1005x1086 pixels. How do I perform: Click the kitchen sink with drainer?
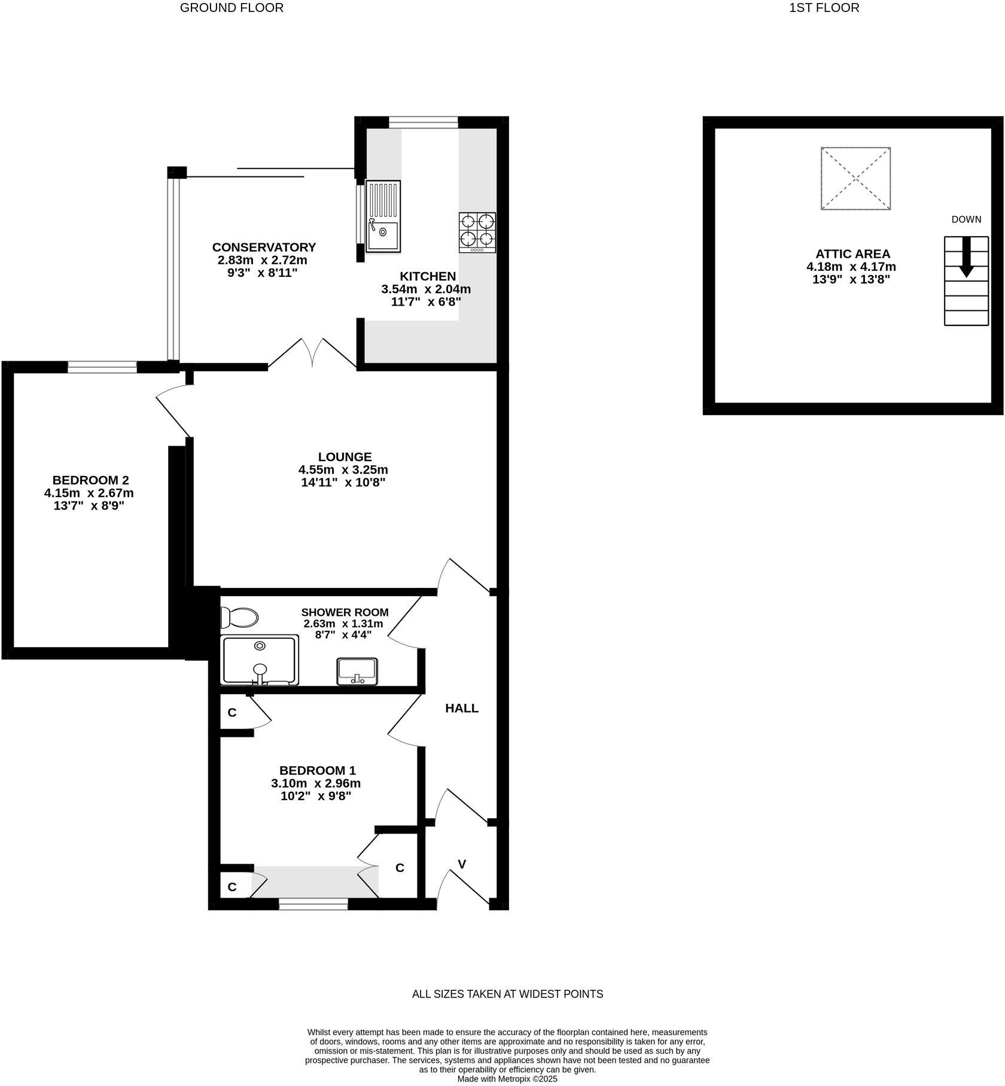pyautogui.click(x=383, y=216)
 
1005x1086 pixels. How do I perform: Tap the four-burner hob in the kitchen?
pyautogui.click(x=477, y=232)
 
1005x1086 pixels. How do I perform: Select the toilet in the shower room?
pyautogui.click(x=239, y=617)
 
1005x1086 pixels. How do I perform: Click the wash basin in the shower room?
pyautogui.click(x=357, y=671)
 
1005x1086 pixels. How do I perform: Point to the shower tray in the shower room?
pyautogui.click(x=260, y=660)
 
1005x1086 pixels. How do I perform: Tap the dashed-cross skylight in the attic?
pyautogui.click(x=855, y=178)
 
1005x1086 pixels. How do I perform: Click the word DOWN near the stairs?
pyautogui.click(x=966, y=219)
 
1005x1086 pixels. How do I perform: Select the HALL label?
pyautogui.click(x=462, y=708)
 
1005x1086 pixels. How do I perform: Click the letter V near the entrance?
pyautogui.click(x=462, y=864)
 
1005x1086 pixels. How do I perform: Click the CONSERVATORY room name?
pyautogui.click(x=264, y=247)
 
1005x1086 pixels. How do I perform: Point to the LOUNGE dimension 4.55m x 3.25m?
pyautogui.click(x=343, y=469)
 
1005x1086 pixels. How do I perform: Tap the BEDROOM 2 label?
pyautogui.click(x=90, y=480)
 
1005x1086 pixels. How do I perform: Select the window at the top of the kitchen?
pyautogui.click(x=424, y=123)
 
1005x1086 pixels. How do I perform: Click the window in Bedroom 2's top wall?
pyautogui.click(x=102, y=367)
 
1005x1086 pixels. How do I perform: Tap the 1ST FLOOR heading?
pyautogui.click(x=824, y=8)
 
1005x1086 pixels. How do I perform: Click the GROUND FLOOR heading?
pyautogui.click(x=232, y=8)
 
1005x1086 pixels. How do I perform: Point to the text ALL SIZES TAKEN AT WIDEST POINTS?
pyautogui.click(x=507, y=994)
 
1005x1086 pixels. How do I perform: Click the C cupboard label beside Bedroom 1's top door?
pyautogui.click(x=232, y=713)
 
